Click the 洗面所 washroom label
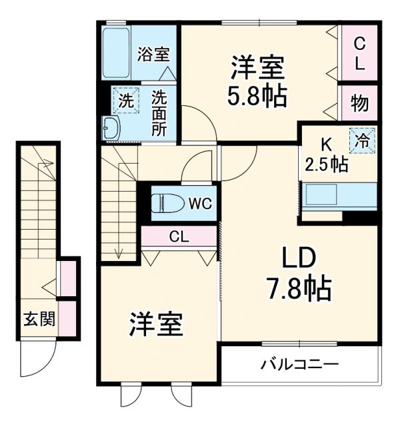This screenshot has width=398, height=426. (x=159, y=112)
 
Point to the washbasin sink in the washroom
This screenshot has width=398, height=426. (x=111, y=128)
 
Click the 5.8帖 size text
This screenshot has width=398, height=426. (x=259, y=96)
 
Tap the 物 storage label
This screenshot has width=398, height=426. (x=359, y=104)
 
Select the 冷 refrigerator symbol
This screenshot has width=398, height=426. (x=362, y=141)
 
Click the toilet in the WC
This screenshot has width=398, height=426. (x=167, y=202)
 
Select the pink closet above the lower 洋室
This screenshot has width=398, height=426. (x=179, y=237)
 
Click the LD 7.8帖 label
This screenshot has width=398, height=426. (x=298, y=274)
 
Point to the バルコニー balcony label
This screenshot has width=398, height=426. (x=299, y=364)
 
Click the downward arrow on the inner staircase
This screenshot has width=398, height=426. (x=119, y=252)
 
